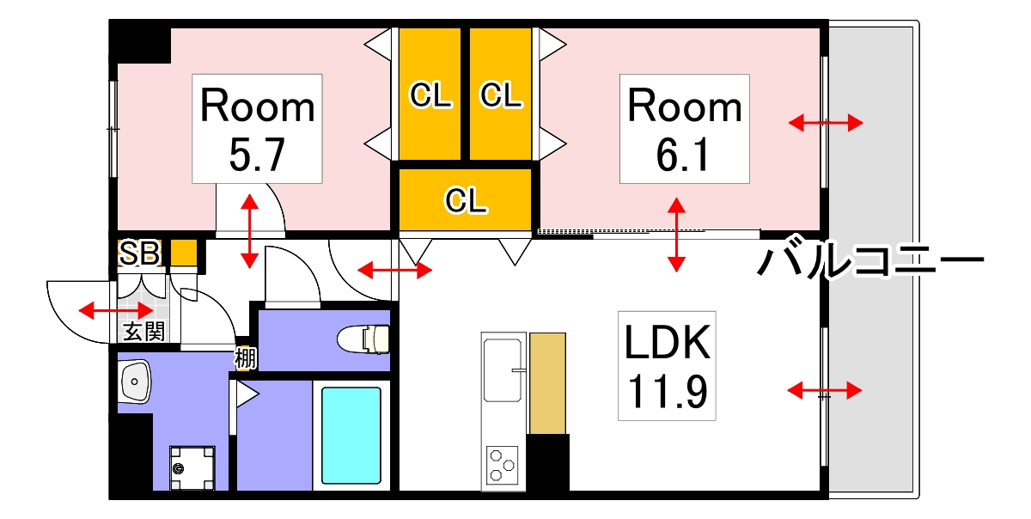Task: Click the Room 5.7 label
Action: (x=258, y=128)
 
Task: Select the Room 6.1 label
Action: (x=685, y=128)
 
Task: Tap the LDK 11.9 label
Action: (x=667, y=365)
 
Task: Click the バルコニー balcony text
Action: (x=869, y=259)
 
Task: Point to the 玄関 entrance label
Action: (x=143, y=332)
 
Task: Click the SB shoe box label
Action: (x=139, y=253)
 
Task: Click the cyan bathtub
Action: (x=351, y=435)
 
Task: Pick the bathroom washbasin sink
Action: (x=135, y=382)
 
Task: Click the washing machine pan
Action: (x=192, y=468)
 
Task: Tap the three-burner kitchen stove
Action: (x=503, y=465)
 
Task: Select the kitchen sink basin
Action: (x=503, y=370)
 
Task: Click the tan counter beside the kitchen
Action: (x=547, y=383)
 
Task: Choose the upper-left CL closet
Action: (x=430, y=95)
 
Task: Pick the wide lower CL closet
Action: (x=466, y=199)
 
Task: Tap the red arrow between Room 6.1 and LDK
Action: (x=676, y=235)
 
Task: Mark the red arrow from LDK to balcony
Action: (x=825, y=392)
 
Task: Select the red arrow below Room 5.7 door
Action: (x=249, y=231)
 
